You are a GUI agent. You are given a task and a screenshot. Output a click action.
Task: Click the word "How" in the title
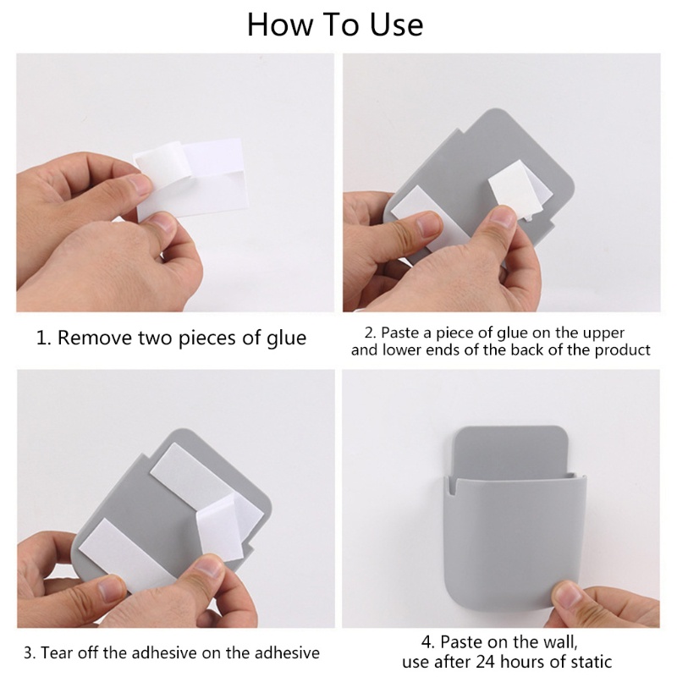(x=279, y=25)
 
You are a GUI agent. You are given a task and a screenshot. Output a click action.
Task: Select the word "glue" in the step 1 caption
(x=286, y=338)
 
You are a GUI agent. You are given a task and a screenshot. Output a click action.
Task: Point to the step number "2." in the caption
(x=371, y=333)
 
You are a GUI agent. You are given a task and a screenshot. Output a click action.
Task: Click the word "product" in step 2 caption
(x=622, y=350)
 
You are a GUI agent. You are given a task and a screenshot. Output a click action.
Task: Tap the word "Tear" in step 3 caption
(x=56, y=652)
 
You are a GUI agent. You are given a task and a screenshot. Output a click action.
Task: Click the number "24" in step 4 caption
(x=486, y=661)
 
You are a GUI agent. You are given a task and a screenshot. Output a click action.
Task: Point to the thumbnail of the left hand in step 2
(x=428, y=223)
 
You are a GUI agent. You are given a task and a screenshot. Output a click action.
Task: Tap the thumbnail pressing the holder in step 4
(x=567, y=595)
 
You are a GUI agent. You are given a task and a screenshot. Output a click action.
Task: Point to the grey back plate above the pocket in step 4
(x=511, y=450)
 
